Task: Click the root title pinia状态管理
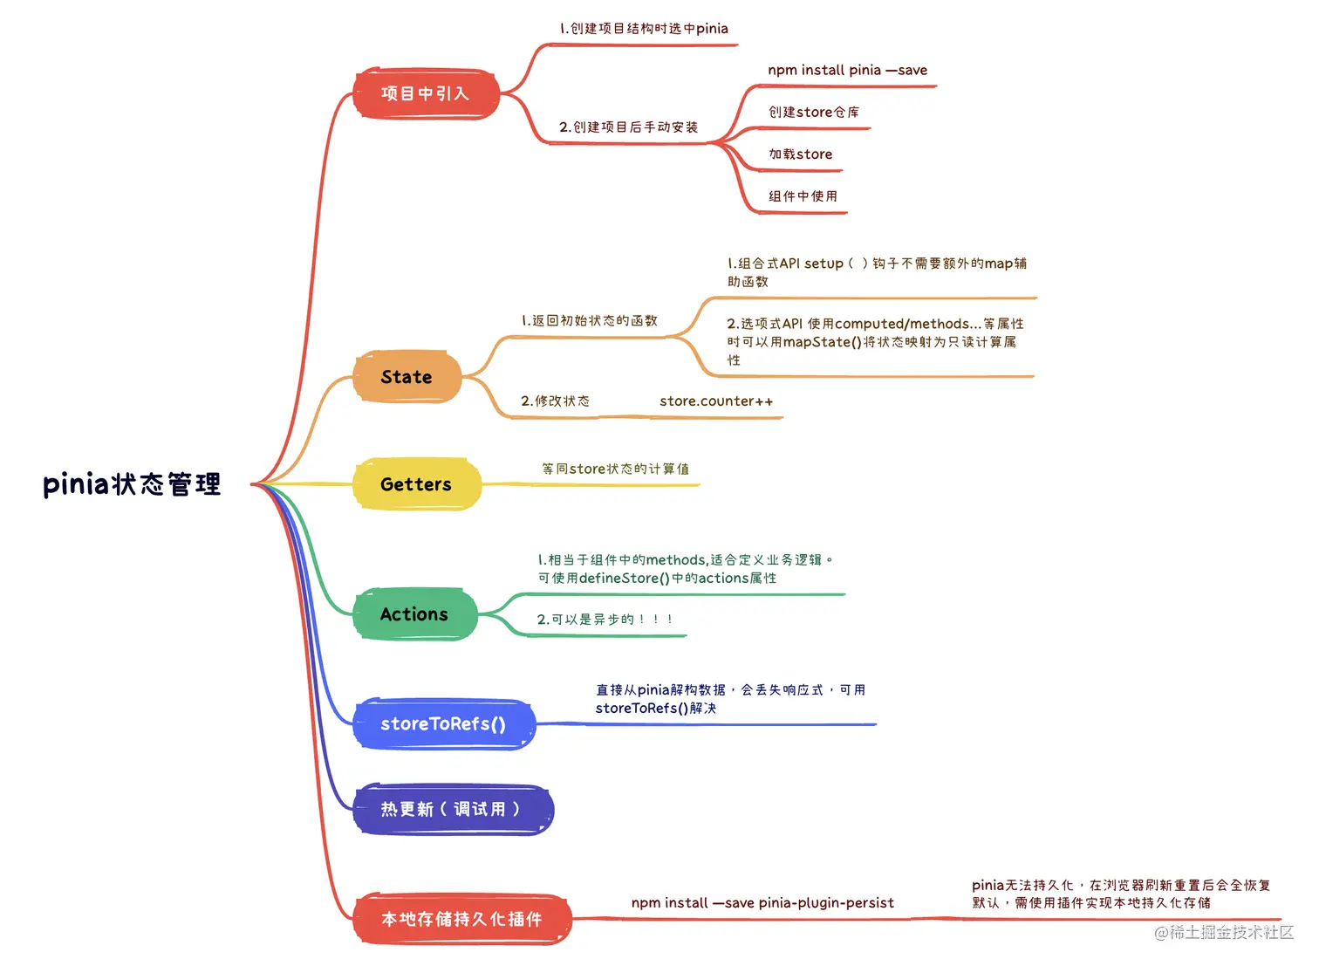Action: (132, 484)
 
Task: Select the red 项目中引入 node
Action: (426, 93)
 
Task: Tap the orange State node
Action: (407, 377)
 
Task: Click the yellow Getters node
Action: (416, 484)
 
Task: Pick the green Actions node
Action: (414, 614)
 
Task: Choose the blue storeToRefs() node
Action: (443, 723)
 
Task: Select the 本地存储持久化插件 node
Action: (461, 919)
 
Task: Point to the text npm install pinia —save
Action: (847, 71)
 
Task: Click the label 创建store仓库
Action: (813, 113)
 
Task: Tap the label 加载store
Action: (800, 154)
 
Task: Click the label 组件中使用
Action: (803, 196)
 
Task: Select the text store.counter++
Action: (716, 401)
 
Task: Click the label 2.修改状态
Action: (555, 401)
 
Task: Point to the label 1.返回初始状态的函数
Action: (589, 321)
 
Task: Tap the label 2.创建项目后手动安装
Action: (628, 127)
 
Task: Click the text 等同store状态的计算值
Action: (615, 469)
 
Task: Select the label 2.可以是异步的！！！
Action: (605, 620)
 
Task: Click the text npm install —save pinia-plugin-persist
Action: (762, 903)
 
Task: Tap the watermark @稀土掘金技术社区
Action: (1223, 933)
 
